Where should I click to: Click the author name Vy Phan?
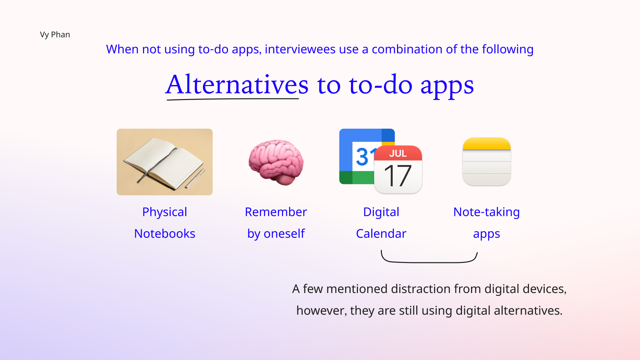[x=55, y=35]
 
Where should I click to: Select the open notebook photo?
[x=165, y=162]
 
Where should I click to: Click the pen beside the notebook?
[x=195, y=178]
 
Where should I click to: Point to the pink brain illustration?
[x=276, y=162]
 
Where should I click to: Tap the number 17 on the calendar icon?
[x=398, y=176]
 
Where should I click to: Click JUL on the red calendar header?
[x=398, y=153]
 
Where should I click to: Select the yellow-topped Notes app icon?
[x=487, y=161]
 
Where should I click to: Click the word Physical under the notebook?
[x=165, y=212]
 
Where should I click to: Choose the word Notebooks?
[x=165, y=233]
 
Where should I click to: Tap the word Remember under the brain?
[x=276, y=212]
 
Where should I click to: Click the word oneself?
[x=284, y=233]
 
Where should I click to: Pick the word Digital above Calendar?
[x=381, y=212]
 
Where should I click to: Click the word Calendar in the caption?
[x=381, y=233]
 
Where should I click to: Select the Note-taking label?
[x=487, y=212]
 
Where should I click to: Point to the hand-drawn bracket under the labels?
[x=429, y=262]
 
